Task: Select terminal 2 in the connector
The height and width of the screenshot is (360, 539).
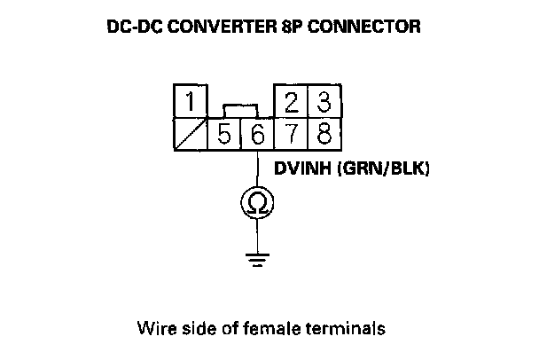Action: (x=291, y=102)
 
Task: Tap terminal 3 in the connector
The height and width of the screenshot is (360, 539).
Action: (x=324, y=102)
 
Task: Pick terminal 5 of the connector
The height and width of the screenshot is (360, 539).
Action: (x=223, y=134)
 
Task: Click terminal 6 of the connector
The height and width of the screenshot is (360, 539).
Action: (x=257, y=134)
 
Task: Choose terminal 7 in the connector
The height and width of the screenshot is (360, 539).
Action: (x=291, y=134)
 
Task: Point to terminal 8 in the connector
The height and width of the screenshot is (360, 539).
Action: (x=324, y=134)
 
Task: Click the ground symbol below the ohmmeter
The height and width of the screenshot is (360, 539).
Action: (x=257, y=261)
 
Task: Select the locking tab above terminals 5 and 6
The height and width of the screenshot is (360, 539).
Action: (x=240, y=109)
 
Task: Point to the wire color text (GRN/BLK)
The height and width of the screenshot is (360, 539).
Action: (x=384, y=166)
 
